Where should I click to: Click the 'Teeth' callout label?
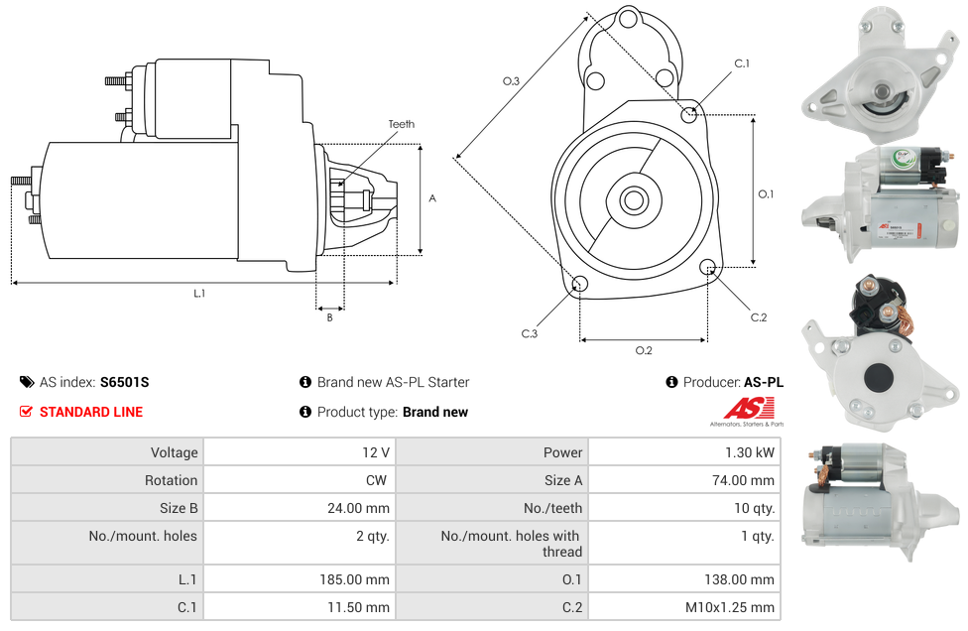pyautogui.click(x=401, y=124)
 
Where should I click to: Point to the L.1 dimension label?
pyautogui.click(x=199, y=294)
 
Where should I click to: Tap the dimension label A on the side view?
pyautogui.click(x=432, y=198)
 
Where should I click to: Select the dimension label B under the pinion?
pyautogui.click(x=329, y=317)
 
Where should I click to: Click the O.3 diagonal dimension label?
pyautogui.click(x=512, y=81)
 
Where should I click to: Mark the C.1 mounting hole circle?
pyautogui.click(x=690, y=115)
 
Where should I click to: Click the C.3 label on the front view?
pyautogui.click(x=530, y=334)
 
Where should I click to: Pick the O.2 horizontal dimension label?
pyautogui.click(x=644, y=350)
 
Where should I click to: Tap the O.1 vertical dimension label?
pyautogui.click(x=766, y=194)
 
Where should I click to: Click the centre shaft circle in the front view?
pyautogui.click(x=633, y=200)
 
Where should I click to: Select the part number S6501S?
pyautogui.click(x=124, y=382)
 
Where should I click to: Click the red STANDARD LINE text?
pyautogui.click(x=90, y=412)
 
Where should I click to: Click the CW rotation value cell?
pyautogui.click(x=299, y=480)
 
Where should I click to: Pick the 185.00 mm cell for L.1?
pyautogui.click(x=299, y=579)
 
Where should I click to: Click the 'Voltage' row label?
pyautogui.click(x=174, y=452)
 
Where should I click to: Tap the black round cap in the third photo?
pyautogui.click(x=879, y=378)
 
